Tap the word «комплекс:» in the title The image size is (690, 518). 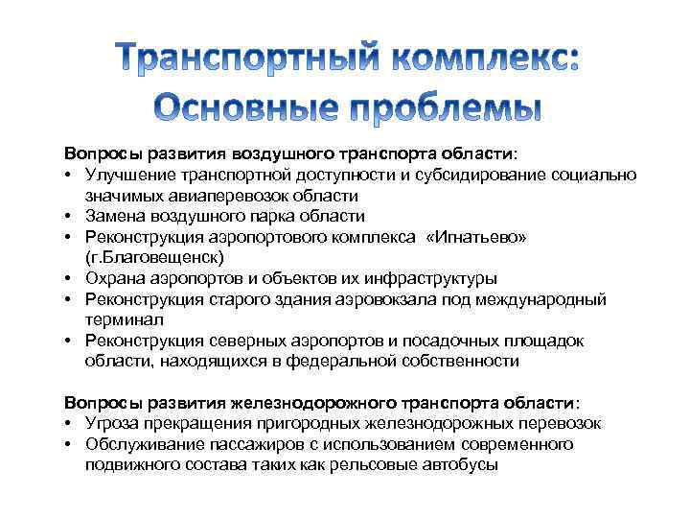[474, 59]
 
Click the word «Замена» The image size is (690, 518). [113, 216]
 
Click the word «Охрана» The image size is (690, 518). [112, 279]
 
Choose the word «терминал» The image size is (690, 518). [124, 320]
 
